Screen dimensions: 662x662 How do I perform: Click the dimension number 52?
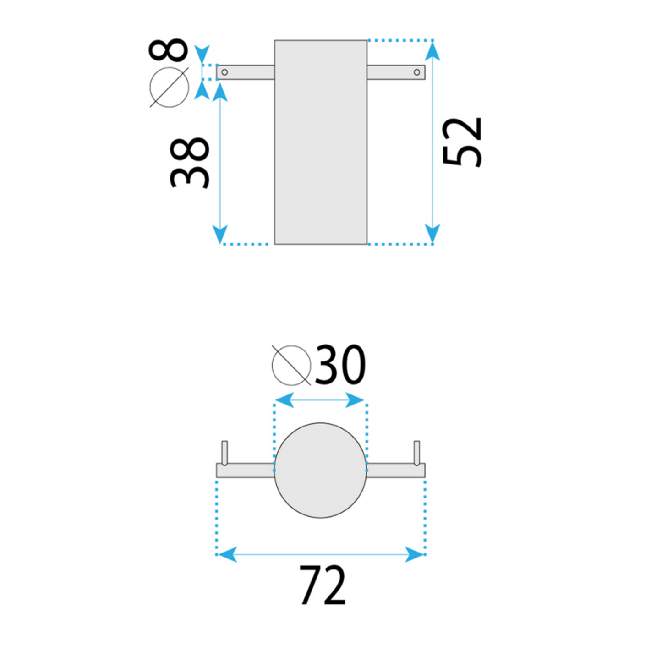(x=462, y=142)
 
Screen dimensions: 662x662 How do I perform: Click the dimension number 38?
(x=189, y=163)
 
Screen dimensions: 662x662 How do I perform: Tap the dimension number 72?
(x=323, y=585)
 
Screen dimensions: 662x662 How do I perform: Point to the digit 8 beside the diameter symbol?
(x=168, y=50)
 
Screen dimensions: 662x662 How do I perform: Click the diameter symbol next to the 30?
(x=291, y=365)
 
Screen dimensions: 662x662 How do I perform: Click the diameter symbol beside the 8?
(x=170, y=87)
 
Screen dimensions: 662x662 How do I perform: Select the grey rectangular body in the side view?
(x=321, y=142)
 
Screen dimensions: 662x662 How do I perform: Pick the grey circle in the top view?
(x=321, y=471)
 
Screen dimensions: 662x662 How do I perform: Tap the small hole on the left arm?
(x=224, y=72)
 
